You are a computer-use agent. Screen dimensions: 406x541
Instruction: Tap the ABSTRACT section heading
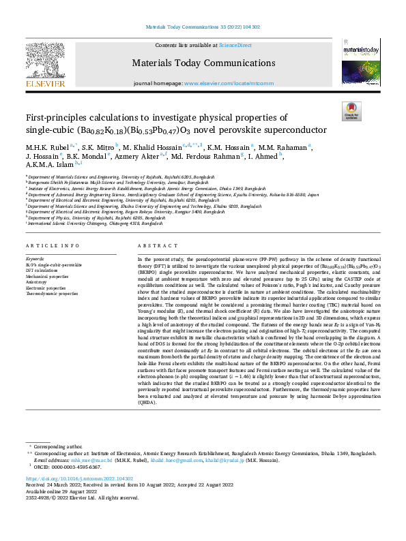[x=152, y=245]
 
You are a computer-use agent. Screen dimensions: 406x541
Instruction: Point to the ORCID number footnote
[x=66, y=467]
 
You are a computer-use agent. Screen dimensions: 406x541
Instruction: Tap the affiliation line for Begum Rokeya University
[x=126, y=211]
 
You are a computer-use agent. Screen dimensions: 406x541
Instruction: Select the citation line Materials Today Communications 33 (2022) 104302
[x=203, y=28]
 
